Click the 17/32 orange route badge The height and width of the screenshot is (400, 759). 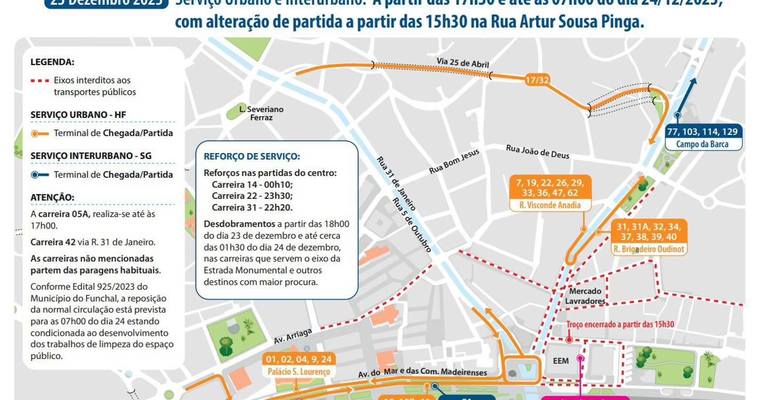536,80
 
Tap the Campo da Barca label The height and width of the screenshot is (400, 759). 702,144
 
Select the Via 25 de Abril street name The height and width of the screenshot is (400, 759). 462,62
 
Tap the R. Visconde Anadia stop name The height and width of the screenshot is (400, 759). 550,205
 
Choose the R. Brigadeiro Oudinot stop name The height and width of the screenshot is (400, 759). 649,249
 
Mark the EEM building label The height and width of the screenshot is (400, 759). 561,361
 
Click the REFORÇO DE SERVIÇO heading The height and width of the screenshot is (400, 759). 252,157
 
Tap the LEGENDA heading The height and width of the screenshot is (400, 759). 52,62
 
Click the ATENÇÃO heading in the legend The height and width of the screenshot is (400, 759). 53,197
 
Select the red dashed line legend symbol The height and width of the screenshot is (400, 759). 39,81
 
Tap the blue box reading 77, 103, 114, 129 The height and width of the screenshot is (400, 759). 701,131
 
